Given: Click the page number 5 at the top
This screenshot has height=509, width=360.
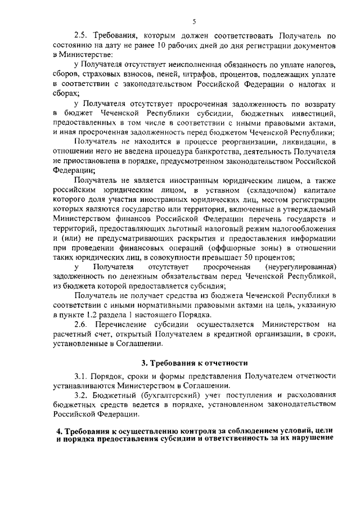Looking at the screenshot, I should pyautogui.click(x=193, y=21).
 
